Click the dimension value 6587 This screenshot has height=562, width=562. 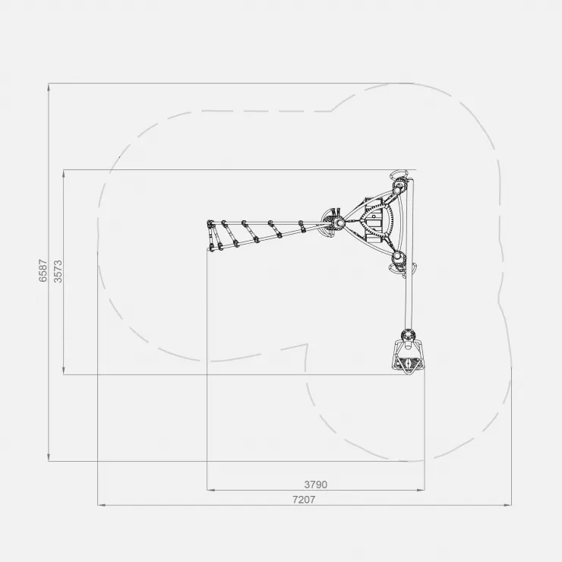[43, 270]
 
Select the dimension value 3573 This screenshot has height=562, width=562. [58, 271]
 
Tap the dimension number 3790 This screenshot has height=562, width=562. [316, 485]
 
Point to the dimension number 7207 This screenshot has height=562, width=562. [304, 500]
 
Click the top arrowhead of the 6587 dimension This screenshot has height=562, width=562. [49, 87]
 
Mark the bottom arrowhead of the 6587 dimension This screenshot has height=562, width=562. [49, 457]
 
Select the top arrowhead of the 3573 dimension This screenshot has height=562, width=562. [64, 174]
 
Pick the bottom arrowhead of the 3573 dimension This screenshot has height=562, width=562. [64, 371]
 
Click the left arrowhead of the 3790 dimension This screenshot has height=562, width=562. [211, 490]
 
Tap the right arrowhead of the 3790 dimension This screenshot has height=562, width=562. [421, 490]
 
